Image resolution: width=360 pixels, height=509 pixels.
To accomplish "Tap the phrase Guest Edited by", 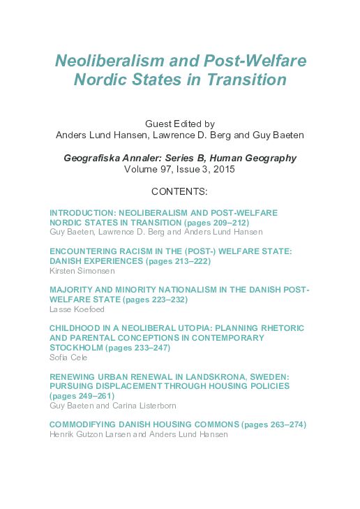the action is point(180,123).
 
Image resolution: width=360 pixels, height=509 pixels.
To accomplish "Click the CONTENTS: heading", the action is point(179,191).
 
